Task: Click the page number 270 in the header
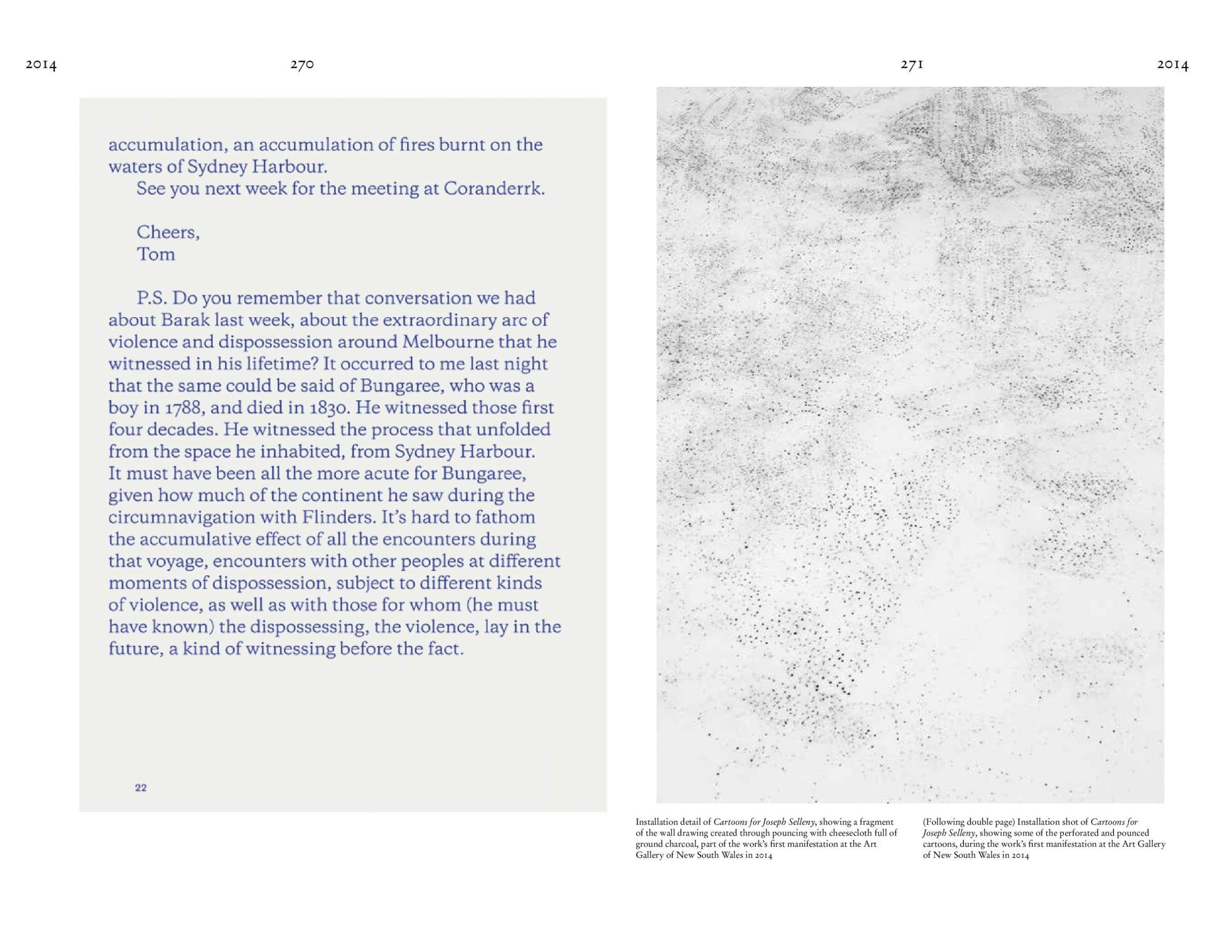(x=302, y=64)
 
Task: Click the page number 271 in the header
(x=912, y=64)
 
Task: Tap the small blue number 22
(x=141, y=787)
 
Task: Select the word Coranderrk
(x=493, y=188)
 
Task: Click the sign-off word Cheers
(x=168, y=232)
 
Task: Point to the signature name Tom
(x=156, y=254)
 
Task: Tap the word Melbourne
(x=448, y=341)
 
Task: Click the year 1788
(x=185, y=408)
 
